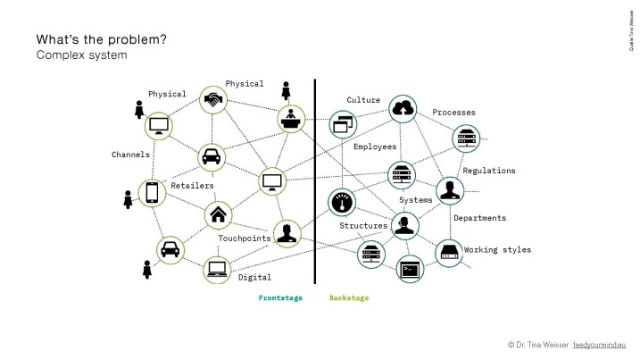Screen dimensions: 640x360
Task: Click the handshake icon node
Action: (x=213, y=100)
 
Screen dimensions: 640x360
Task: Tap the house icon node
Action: (x=218, y=215)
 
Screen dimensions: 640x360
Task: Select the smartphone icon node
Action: (x=152, y=193)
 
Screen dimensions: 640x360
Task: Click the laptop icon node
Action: (x=217, y=270)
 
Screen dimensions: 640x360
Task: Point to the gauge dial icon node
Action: (x=342, y=202)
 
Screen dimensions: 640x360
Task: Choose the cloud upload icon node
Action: (x=403, y=109)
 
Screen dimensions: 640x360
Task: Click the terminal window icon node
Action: (x=410, y=269)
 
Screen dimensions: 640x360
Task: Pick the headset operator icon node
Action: (x=404, y=226)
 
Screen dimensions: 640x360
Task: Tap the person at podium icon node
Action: (x=291, y=119)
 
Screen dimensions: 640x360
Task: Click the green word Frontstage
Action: (x=280, y=297)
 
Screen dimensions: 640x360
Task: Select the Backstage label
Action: (x=349, y=297)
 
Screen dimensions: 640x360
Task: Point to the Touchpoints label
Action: (x=244, y=239)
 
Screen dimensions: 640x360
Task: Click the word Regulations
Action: (x=489, y=171)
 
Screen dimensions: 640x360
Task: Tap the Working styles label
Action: (x=497, y=249)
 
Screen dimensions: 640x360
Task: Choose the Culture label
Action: (x=363, y=100)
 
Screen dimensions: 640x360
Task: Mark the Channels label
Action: (x=130, y=155)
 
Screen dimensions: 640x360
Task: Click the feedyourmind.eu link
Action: (x=599, y=345)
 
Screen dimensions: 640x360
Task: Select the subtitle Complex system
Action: (x=81, y=54)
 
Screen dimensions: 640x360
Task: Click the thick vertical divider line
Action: (x=315, y=181)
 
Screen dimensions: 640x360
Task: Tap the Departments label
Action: (x=479, y=218)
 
